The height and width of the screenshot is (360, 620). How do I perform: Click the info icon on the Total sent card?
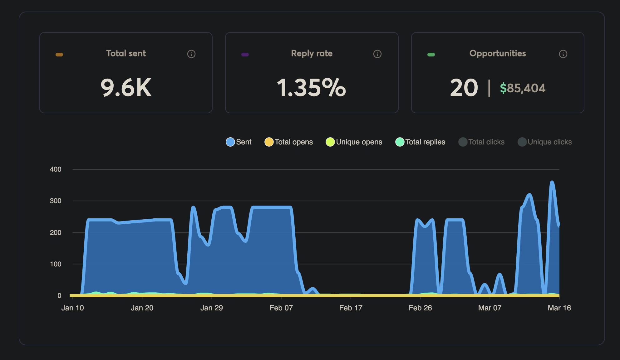[191, 54]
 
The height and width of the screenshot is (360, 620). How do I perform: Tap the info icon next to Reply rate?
[377, 54]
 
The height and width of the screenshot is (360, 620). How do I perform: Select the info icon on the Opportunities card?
[563, 54]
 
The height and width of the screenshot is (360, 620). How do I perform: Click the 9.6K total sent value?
[126, 88]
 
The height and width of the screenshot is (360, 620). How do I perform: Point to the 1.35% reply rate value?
[311, 88]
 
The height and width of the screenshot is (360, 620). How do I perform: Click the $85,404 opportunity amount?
[522, 88]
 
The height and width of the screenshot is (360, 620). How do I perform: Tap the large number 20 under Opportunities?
[464, 88]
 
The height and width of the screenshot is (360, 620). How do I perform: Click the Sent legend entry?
[239, 142]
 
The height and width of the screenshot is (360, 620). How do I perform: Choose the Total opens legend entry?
[289, 142]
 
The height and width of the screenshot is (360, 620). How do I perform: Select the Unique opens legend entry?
[354, 142]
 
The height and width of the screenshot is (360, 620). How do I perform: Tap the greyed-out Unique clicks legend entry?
[545, 142]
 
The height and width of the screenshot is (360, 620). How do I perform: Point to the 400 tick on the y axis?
[56, 169]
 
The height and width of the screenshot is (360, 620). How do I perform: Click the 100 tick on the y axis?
[56, 264]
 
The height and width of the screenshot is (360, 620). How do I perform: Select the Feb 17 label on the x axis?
[351, 308]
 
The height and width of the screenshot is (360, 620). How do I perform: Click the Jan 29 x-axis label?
[211, 308]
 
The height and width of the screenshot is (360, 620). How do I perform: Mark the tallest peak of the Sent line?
[552, 182]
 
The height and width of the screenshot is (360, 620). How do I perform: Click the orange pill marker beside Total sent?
[59, 55]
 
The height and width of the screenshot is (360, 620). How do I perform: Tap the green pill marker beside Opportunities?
[431, 55]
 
